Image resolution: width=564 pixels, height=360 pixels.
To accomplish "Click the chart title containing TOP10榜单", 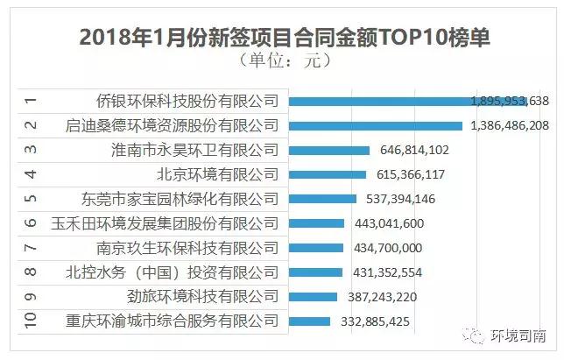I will pyautogui.click(x=283, y=38).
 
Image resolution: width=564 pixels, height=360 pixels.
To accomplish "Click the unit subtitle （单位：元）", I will pyautogui.click(x=283, y=62).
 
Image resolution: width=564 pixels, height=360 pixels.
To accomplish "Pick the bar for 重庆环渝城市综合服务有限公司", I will pyautogui.click(x=308, y=321).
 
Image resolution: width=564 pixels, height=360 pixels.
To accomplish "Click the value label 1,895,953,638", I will pyautogui.click(x=509, y=102).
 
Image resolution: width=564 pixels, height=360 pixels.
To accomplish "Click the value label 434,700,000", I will pyautogui.click(x=388, y=248).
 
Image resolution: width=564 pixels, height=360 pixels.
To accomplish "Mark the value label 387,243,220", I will pyautogui.click(x=379, y=297).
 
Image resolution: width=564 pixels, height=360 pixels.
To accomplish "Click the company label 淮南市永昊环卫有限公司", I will pyautogui.click(x=196, y=150).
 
